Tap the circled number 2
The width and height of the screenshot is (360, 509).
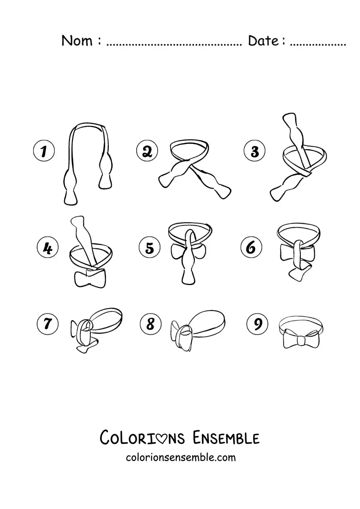pyautogui.click(x=147, y=150)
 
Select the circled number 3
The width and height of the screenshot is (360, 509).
pyautogui.click(x=254, y=151)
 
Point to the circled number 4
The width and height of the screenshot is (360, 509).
pyautogui.click(x=48, y=248)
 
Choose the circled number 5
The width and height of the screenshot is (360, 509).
pyautogui.click(x=150, y=248)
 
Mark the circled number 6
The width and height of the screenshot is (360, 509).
pyautogui.click(x=251, y=248)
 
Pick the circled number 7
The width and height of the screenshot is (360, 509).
pyautogui.click(x=48, y=323)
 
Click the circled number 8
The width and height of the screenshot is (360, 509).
pyautogui.click(x=151, y=323)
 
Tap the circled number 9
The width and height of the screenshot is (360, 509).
pyautogui.click(x=257, y=323)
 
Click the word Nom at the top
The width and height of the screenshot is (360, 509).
pyautogui.click(x=77, y=41)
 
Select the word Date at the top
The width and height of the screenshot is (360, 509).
pyautogui.click(x=263, y=41)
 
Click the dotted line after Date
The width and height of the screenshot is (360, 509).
pyautogui.click(x=318, y=45)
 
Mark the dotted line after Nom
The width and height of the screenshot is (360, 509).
pyautogui.click(x=174, y=45)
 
